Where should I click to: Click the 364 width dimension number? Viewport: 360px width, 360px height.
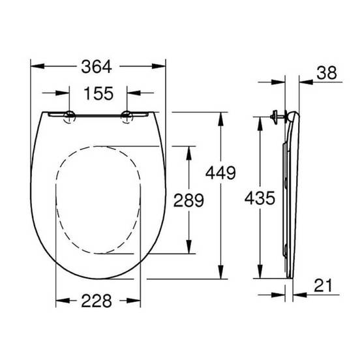click(97, 67)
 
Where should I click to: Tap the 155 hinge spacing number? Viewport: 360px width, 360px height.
click(98, 93)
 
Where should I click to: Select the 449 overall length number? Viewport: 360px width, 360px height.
click(220, 173)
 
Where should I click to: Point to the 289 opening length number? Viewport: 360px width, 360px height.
click(188, 200)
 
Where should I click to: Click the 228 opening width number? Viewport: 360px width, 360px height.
click(97, 301)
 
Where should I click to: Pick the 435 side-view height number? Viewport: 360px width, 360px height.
click(260, 198)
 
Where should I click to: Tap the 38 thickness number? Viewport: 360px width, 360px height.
click(327, 73)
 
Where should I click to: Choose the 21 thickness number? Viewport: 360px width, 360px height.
click(323, 286)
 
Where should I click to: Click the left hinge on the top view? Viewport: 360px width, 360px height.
click(70, 116)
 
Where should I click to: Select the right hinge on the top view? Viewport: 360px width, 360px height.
click(127, 116)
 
